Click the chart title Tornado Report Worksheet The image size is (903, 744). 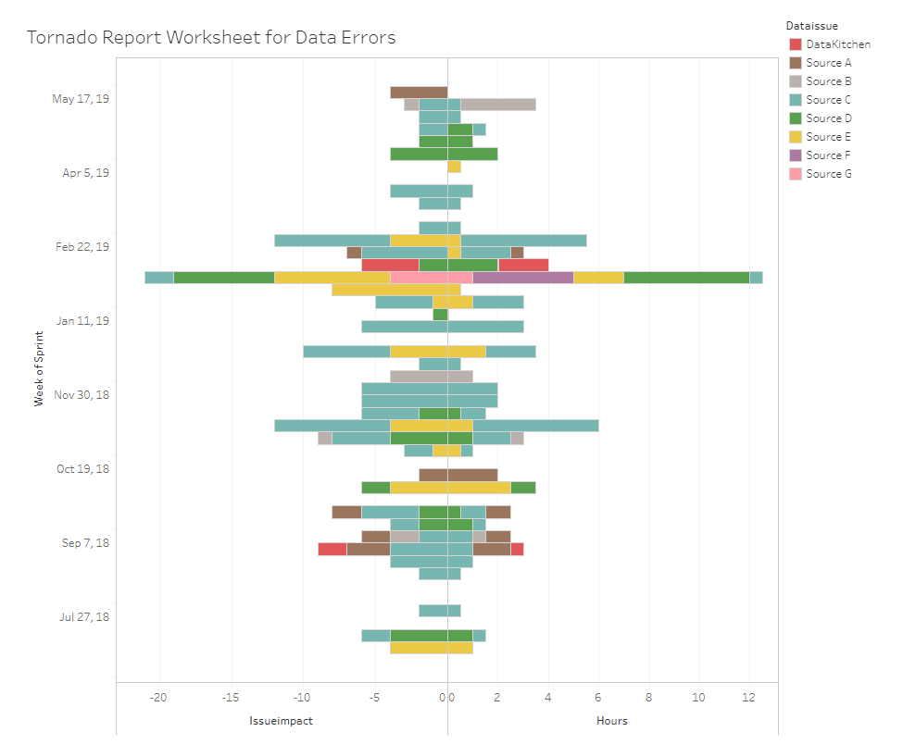coord(211,38)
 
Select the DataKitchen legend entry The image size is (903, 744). coord(837,44)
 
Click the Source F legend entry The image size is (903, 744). coord(828,155)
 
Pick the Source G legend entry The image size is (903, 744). coord(828,174)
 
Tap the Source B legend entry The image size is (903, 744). coord(828,81)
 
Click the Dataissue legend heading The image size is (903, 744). coord(811,26)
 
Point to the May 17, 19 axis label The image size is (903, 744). coord(81,99)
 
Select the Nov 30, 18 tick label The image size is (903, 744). coord(82,395)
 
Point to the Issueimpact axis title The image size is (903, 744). coord(274,721)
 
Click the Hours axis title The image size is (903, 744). coord(611,721)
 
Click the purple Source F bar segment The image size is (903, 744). coord(522,278)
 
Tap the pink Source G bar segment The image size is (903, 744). coord(431,278)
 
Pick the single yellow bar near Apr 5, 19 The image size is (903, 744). coord(454,167)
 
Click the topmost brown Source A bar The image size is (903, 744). coord(419,93)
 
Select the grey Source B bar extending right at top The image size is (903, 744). coord(498,105)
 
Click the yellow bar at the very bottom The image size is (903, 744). coord(431,648)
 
